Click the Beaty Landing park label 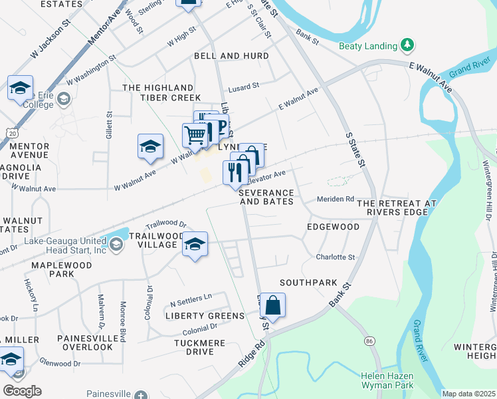[x=367, y=46]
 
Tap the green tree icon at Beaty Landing [x=407, y=45]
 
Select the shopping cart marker [x=195, y=135]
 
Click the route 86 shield [x=369, y=340]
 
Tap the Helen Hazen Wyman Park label [x=387, y=380]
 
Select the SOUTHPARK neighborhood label [x=308, y=283]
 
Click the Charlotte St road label [x=336, y=257]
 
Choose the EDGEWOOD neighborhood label [x=333, y=227]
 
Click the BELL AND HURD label [x=231, y=57]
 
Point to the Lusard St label [x=243, y=87]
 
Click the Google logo [x=22, y=391]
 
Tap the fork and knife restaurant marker [x=236, y=172]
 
